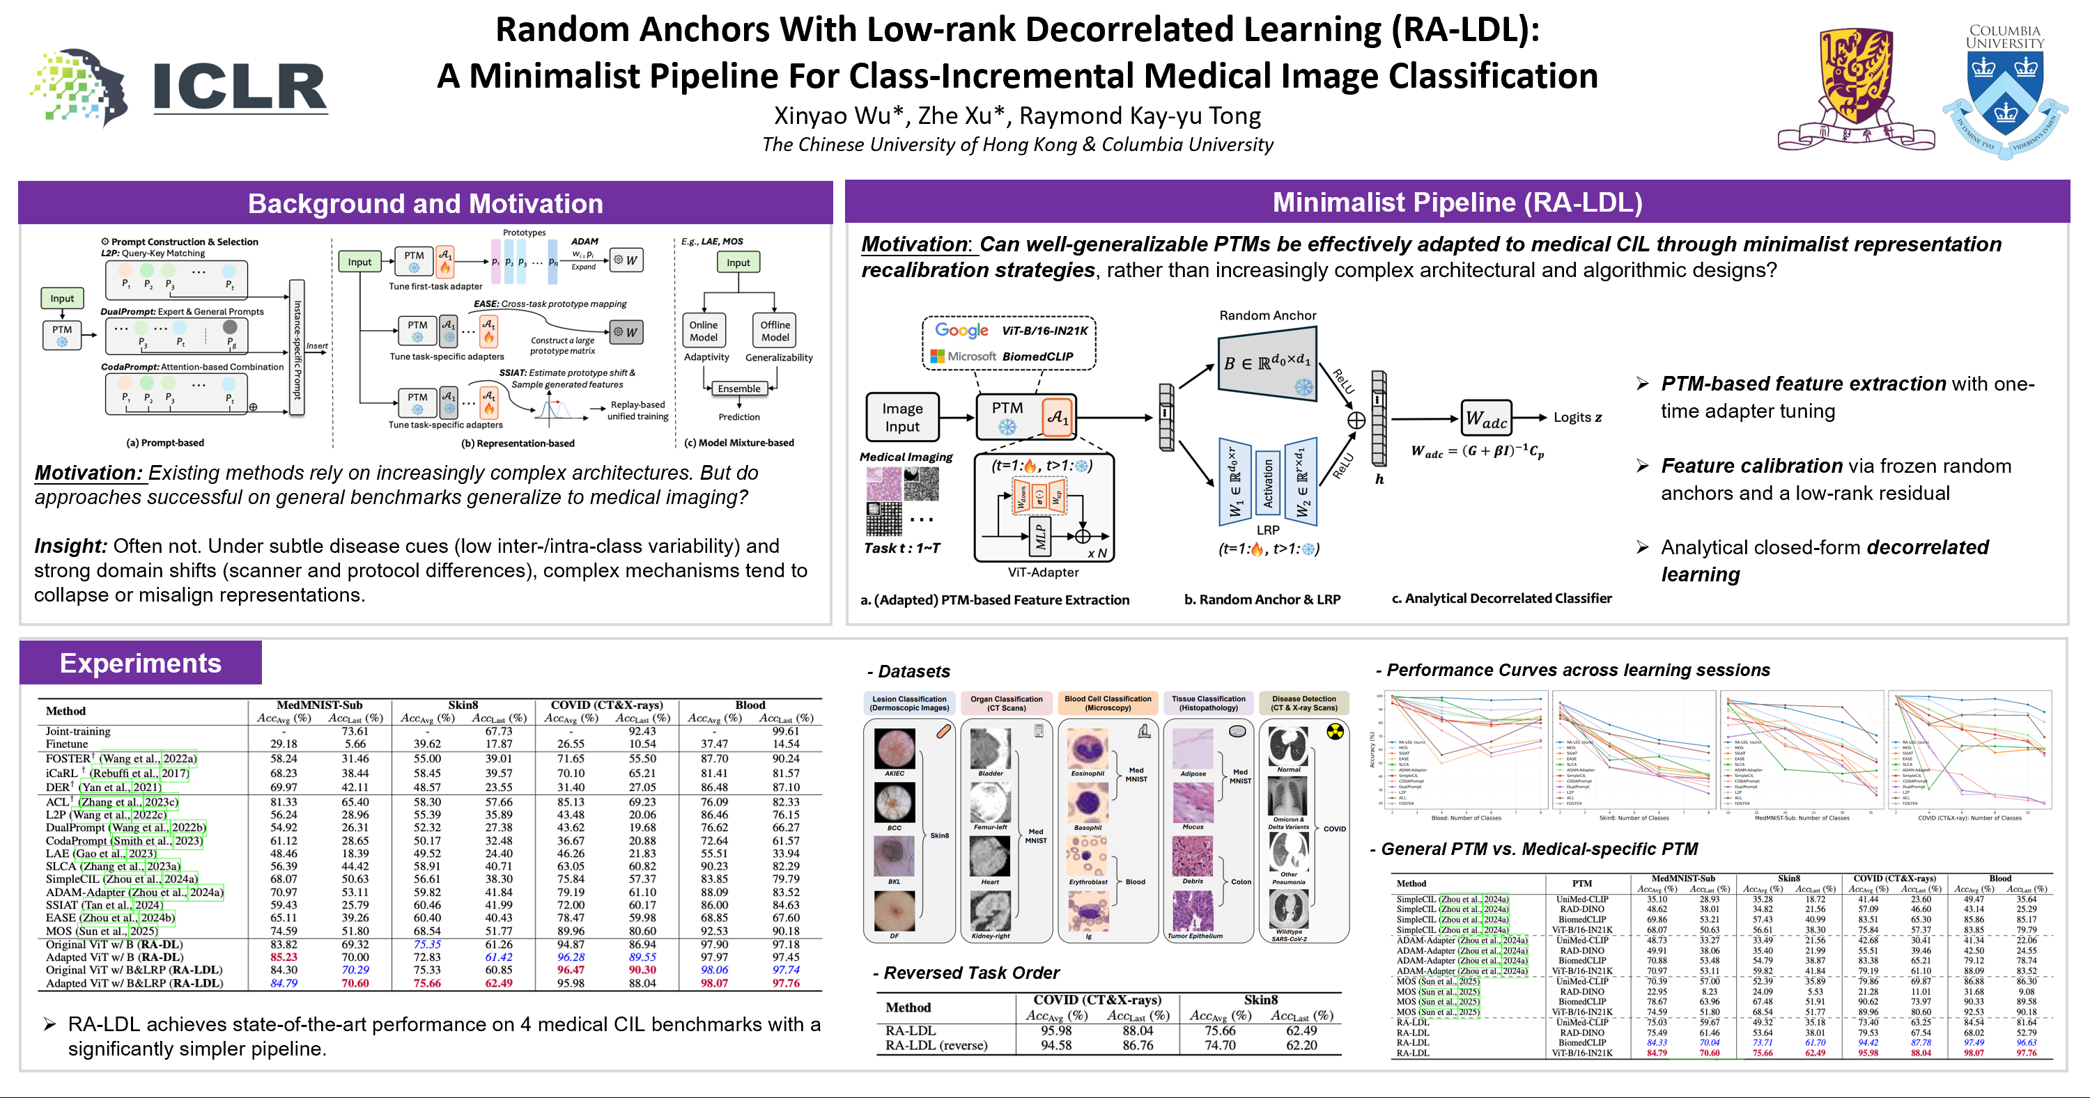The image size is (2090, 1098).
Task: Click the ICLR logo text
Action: [x=240, y=88]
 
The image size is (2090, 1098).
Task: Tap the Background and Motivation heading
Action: [x=425, y=203]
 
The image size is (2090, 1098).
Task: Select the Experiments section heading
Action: [x=140, y=663]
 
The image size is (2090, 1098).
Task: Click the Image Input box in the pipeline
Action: [x=901, y=417]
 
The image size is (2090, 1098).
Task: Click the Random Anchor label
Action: [x=1267, y=315]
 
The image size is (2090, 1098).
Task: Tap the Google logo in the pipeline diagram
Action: [x=961, y=330]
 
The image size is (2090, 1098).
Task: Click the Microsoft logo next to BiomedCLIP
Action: [x=938, y=356]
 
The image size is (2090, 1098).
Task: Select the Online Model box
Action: [x=704, y=331]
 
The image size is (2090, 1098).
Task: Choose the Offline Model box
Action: [x=775, y=331]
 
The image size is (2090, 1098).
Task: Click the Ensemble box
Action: [x=738, y=389]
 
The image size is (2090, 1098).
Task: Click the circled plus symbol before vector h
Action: [x=1356, y=419]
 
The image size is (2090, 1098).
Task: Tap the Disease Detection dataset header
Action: [x=1304, y=703]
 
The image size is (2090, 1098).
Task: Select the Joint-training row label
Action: [x=78, y=730]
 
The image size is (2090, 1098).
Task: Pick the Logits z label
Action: [x=1577, y=417]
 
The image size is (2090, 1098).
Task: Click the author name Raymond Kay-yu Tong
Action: [x=1140, y=116]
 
